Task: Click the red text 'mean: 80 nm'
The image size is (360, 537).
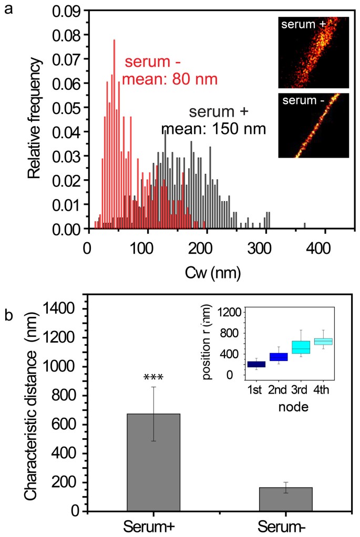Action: (170, 79)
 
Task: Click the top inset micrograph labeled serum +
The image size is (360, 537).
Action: (313, 52)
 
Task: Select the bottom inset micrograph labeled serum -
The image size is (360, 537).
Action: (313, 125)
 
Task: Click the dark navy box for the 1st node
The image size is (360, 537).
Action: (256, 364)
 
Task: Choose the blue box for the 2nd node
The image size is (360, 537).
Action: (279, 356)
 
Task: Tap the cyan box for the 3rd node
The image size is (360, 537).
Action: (301, 347)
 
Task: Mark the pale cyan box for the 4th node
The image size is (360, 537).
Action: (323, 342)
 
